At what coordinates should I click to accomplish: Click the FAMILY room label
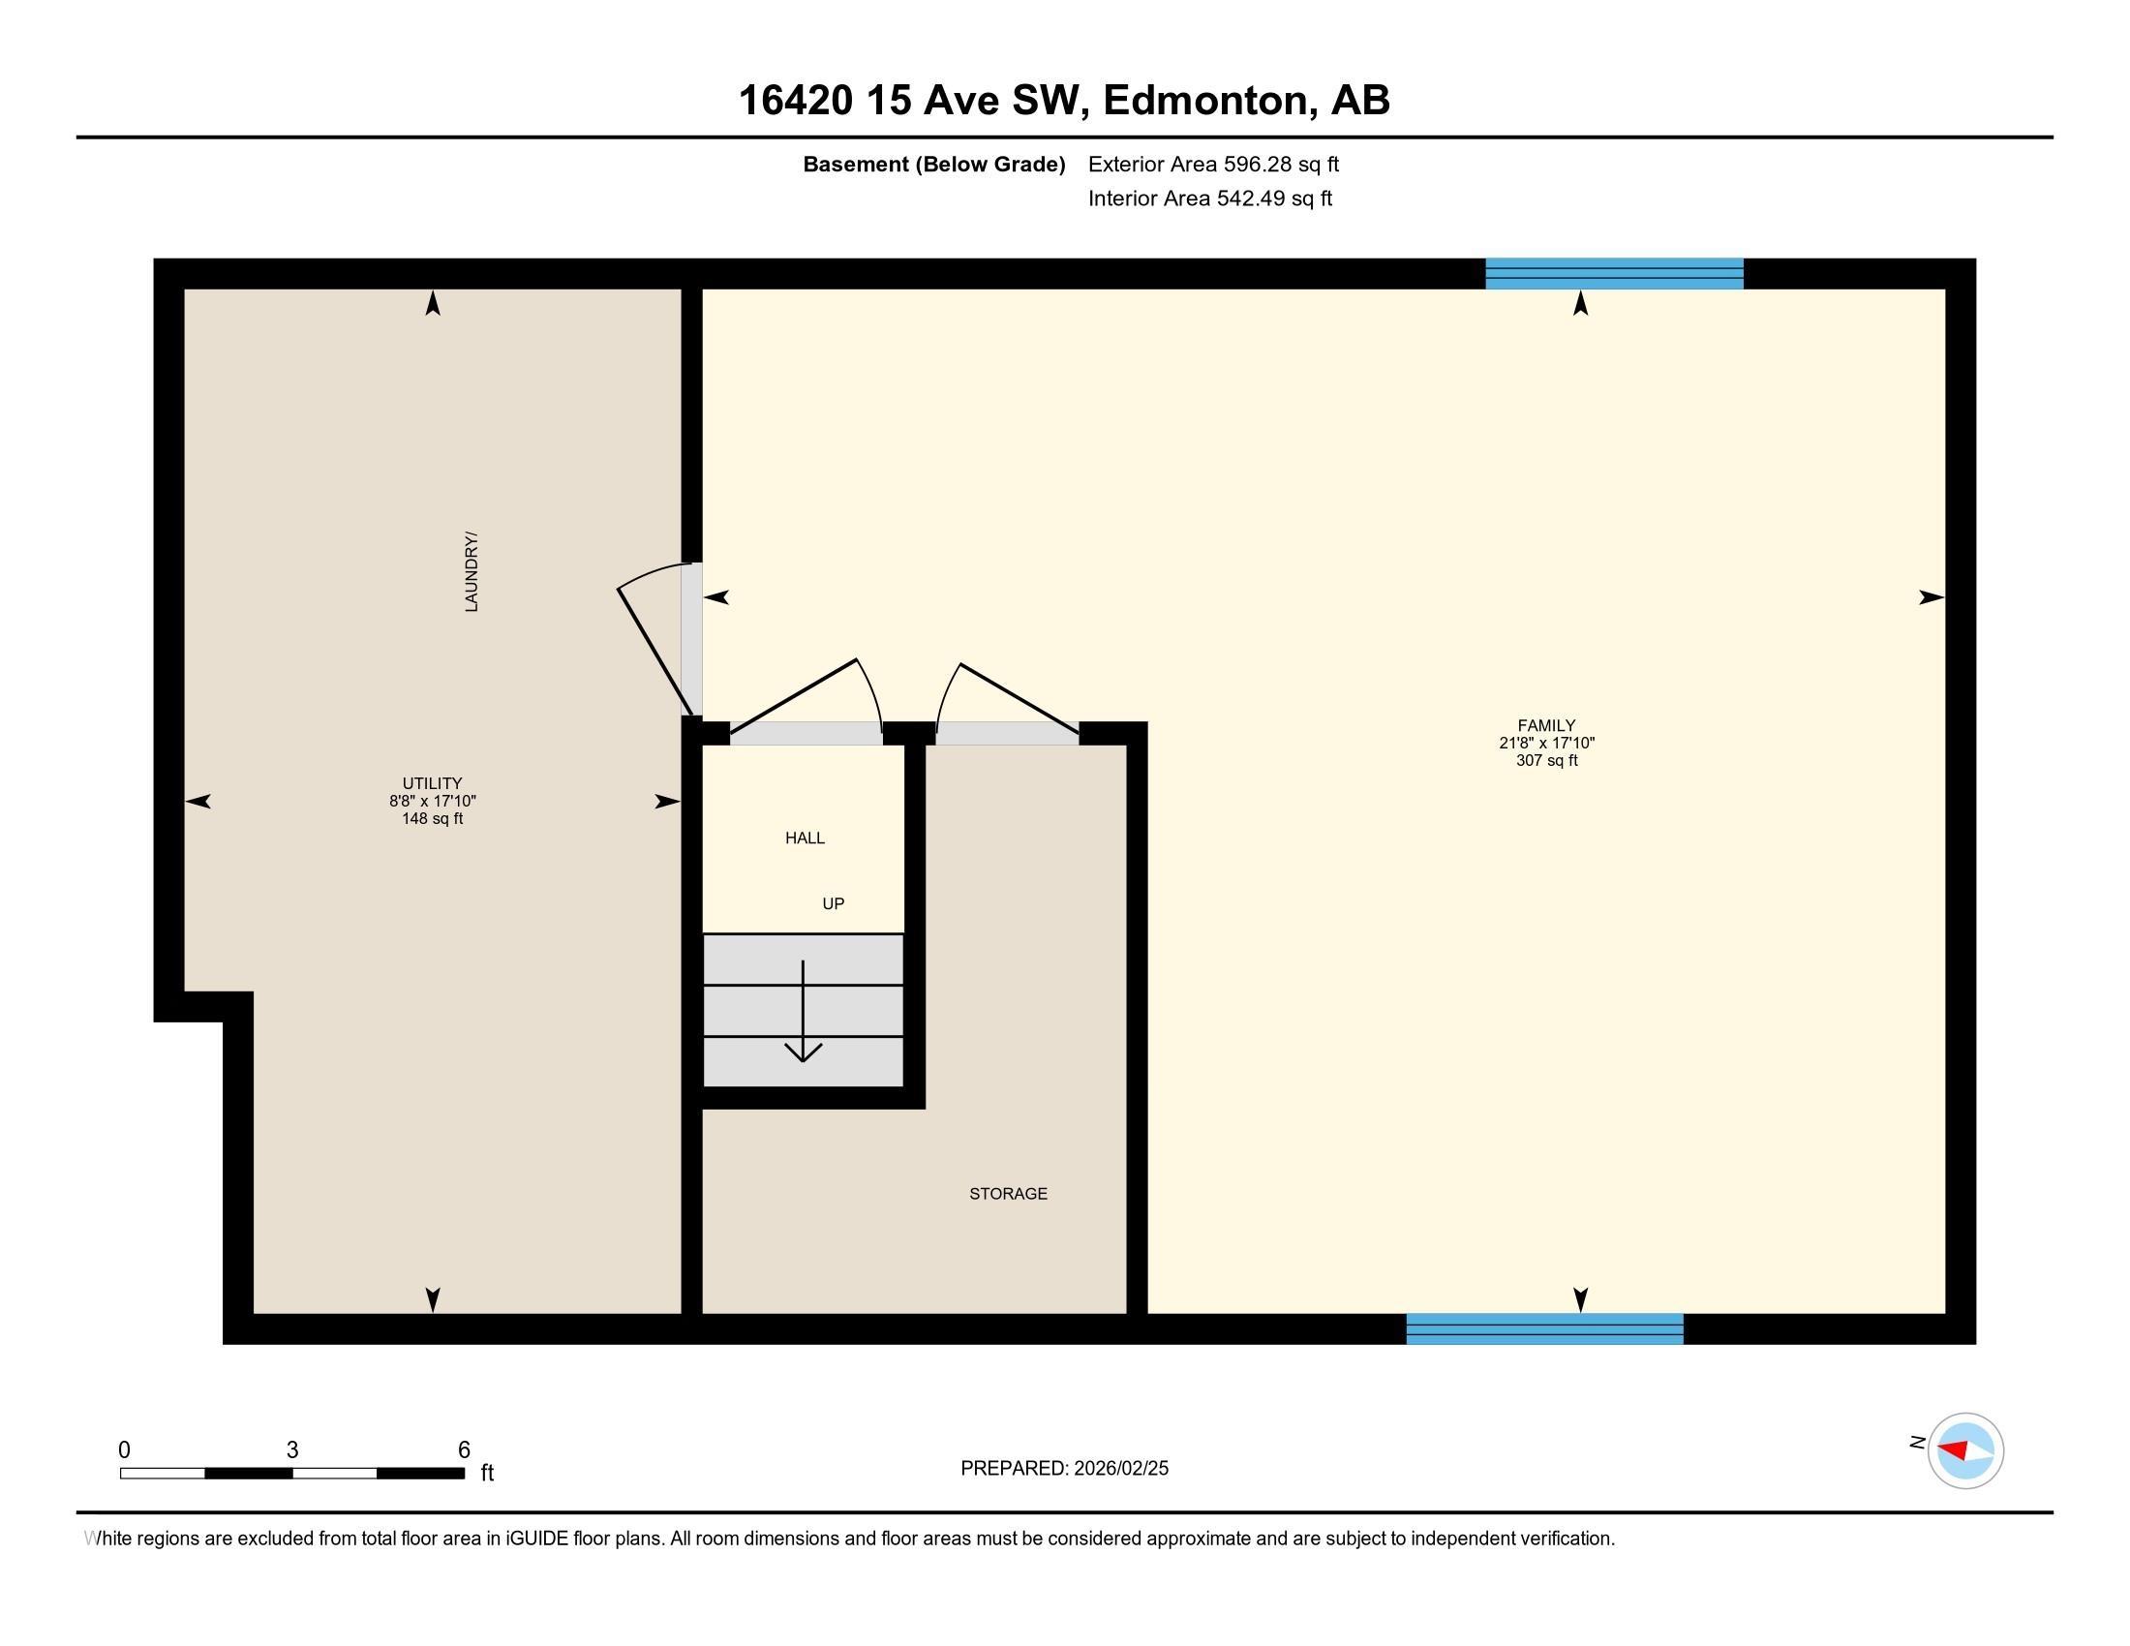pyautogui.click(x=1546, y=725)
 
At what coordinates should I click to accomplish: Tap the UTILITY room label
pyautogui.click(x=432, y=783)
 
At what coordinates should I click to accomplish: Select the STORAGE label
pyautogui.click(x=1008, y=1194)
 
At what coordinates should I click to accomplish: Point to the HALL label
pyautogui.click(x=805, y=838)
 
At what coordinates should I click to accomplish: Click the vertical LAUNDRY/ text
pyautogui.click(x=472, y=572)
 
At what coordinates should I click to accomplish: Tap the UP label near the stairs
pyautogui.click(x=833, y=904)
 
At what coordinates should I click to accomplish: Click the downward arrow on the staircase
pyautogui.click(x=803, y=1014)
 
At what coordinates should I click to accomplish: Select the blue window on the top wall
pyautogui.click(x=1614, y=274)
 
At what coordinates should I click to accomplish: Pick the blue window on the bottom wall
pyautogui.click(x=1544, y=1329)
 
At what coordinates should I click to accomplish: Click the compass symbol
pyautogui.click(x=1964, y=1451)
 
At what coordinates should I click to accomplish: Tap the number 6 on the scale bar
pyautogui.click(x=464, y=1450)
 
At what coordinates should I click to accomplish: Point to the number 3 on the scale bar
pyautogui.click(x=291, y=1450)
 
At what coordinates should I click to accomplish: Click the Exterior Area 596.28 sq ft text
pyautogui.click(x=1213, y=164)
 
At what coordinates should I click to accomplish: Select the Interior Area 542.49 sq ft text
pyautogui.click(x=1209, y=198)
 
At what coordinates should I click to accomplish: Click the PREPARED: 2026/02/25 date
pyautogui.click(x=1064, y=1469)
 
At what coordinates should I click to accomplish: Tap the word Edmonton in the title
pyautogui.click(x=1205, y=101)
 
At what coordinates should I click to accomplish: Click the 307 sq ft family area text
pyautogui.click(x=1546, y=761)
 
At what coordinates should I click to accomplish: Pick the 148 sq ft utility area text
pyautogui.click(x=432, y=819)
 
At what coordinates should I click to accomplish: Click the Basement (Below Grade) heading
pyautogui.click(x=933, y=164)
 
